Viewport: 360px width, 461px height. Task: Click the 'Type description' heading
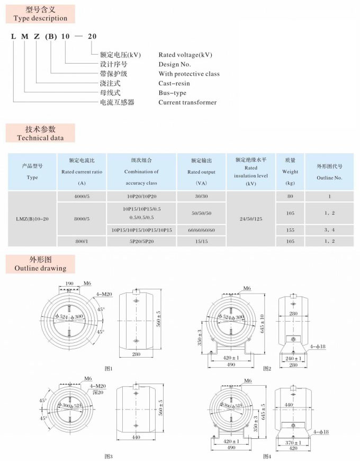pos(40,18)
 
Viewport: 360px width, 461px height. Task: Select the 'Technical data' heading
pos(40,138)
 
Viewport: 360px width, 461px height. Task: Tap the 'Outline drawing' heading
pos(40,268)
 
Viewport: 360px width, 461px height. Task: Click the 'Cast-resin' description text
pos(174,83)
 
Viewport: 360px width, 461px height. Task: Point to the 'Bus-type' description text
pos(173,93)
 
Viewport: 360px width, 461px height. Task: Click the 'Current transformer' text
pos(187,102)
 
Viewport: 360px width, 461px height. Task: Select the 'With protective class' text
pos(189,74)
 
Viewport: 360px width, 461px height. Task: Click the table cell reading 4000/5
pos(82,196)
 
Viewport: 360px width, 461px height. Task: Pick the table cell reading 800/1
pos(82,242)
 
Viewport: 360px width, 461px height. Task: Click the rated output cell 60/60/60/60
pos(201,230)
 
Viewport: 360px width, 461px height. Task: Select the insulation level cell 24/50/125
pos(251,218)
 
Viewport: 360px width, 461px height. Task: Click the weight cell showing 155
pos(290,230)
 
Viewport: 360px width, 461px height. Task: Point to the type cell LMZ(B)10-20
pos(32,218)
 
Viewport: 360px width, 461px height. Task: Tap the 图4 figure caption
pos(267,456)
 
